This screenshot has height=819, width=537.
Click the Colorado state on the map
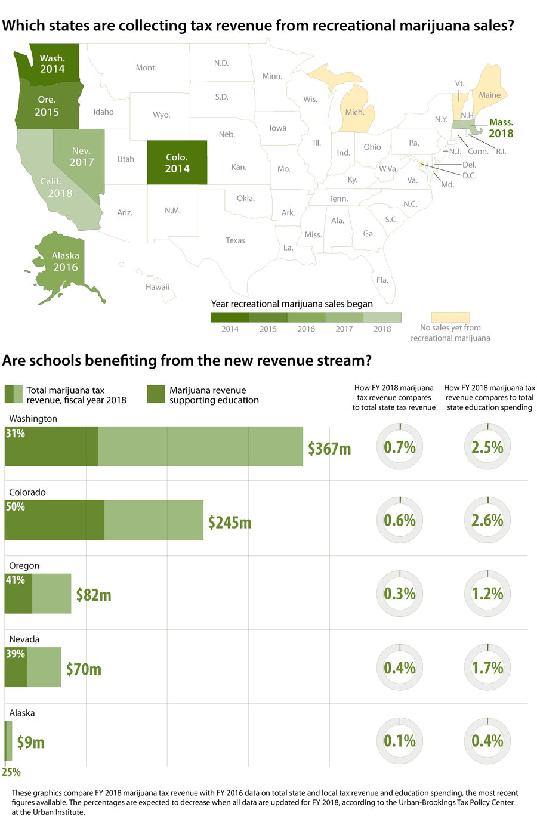[177, 162]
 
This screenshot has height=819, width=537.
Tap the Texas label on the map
[235, 240]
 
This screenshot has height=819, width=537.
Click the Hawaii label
[158, 287]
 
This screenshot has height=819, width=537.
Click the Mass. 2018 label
[501, 128]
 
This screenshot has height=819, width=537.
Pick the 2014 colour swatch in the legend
[230, 317]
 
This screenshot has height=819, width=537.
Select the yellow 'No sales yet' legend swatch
[450, 317]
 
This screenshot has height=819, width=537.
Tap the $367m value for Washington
[329, 448]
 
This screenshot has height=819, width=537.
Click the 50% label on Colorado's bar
[16, 507]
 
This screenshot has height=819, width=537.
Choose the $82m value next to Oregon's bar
[94, 595]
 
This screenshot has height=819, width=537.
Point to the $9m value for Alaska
[30, 742]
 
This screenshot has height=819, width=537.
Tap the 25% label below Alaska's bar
[11, 772]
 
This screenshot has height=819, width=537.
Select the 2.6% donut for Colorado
[487, 520]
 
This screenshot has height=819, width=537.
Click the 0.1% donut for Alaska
[399, 741]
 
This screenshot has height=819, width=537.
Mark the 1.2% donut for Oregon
[487, 594]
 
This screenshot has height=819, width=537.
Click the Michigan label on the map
[354, 112]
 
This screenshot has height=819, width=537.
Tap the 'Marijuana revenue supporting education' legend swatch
[156, 394]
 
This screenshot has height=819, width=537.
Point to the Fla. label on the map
[382, 280]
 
